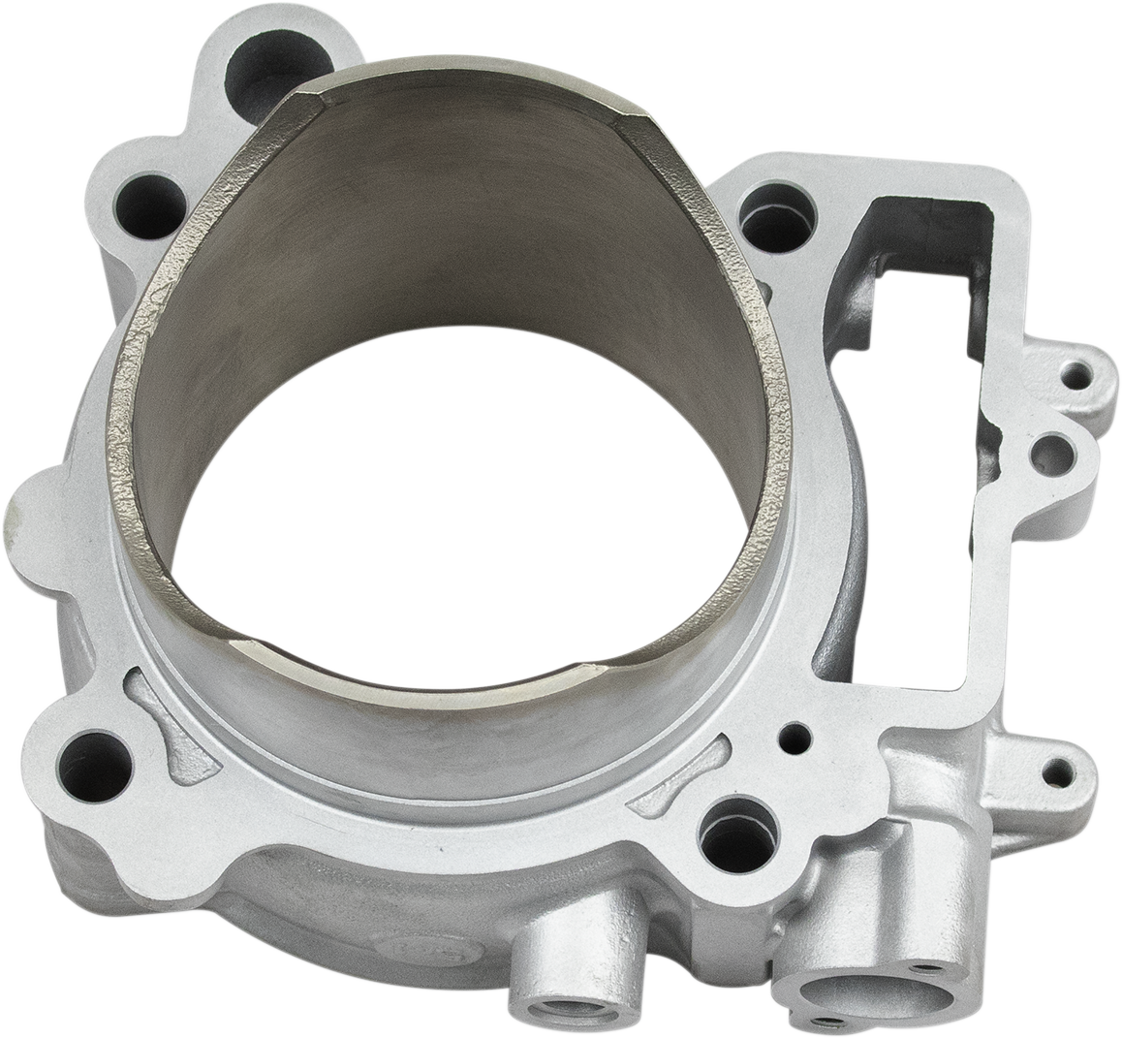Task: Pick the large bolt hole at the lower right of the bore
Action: pyautogui.click(x=739, y=830)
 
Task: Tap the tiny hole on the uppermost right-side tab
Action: pyautogui.click(x=1079, y=370)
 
